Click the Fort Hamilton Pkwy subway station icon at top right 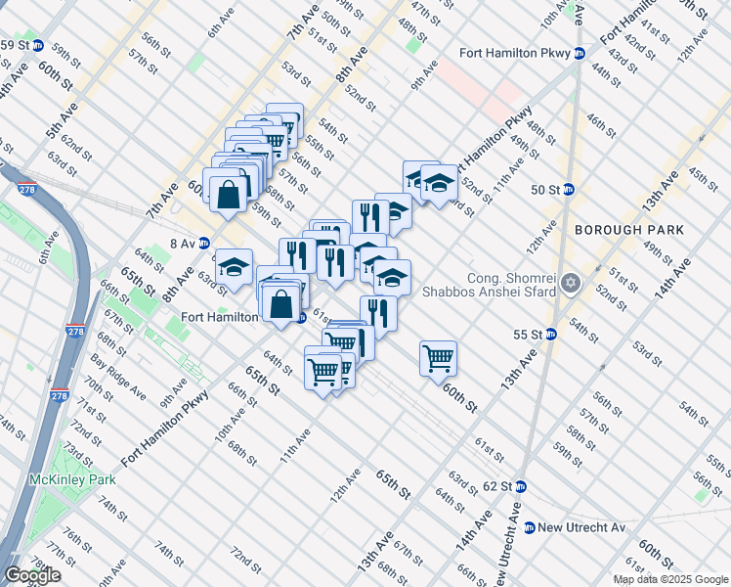click(580, 53)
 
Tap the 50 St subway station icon click(568, 189)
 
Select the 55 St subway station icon click(550, 334)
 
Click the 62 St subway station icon click(520, 486)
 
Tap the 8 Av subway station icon click(203, 243)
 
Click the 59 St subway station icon click(38, 45)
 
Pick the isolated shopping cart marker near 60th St click(439, 358)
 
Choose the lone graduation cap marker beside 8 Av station click(234, 266)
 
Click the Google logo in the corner click(32, 575)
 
